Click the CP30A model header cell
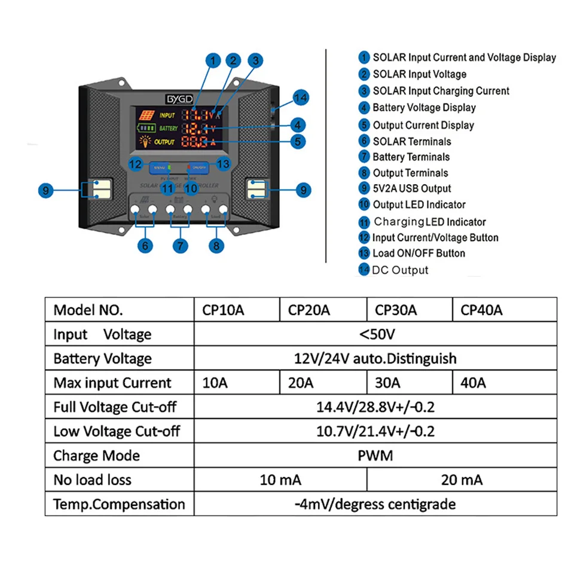tap(396, 310)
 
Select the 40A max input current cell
tap(474, 383)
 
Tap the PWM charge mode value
tap(375, 456)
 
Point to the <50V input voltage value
tap(375, 334)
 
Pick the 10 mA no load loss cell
tap(280, 480)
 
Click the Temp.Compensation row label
tap(119, 504)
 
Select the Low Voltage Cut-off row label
tap(117, 431)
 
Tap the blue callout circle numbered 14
tap(301, 97)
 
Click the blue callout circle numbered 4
tap(297, 125)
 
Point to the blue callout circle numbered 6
tap(145, 245)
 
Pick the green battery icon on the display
tap(147, 128)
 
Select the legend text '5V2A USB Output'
tap(412, 188)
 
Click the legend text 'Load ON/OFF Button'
tap(419, 253)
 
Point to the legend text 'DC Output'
tap(400, 270)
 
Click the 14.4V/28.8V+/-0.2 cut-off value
tap(375, 407)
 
